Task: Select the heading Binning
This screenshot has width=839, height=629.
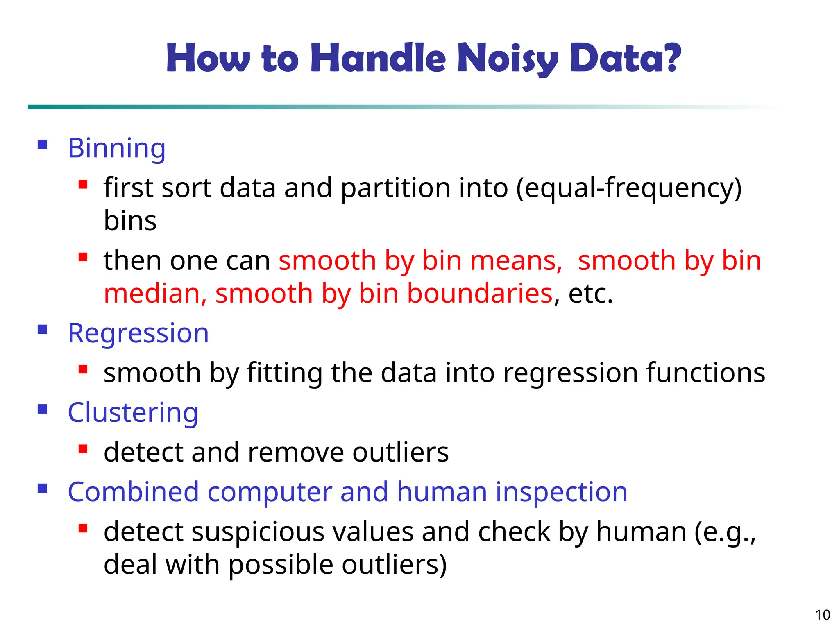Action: pyautogui.click(x=117, y=148)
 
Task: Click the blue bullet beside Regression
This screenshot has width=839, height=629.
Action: pyautogui.click(x=43, y=330)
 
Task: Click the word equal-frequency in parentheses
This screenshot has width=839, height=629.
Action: pyautogui.click(x=629, y=188)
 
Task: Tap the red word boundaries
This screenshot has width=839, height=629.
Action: pyautogui.click(x=480, y=294)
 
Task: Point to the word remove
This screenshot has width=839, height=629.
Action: pyautogui.click(x=296, y=452)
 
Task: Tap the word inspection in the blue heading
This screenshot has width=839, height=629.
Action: pyautogui.click(x=561, y=492)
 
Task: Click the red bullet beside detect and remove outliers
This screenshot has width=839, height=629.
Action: pyautogui.click(x=83, y=449)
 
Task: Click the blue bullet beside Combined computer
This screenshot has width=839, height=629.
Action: pyautogui.click(x=43, y=489)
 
